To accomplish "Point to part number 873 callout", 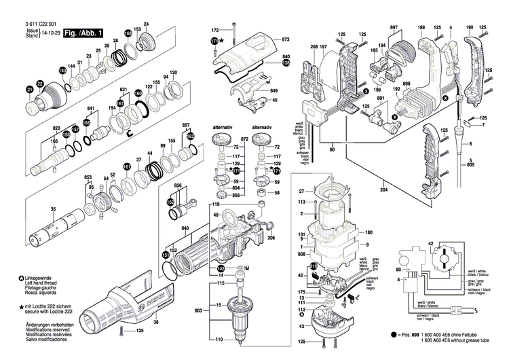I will [286, 40].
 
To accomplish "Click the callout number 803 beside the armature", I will [197, 310].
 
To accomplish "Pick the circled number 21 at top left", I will [29, 90].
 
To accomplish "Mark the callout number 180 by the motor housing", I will [369, 232].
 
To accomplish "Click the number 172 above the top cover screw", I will [214, 31].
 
